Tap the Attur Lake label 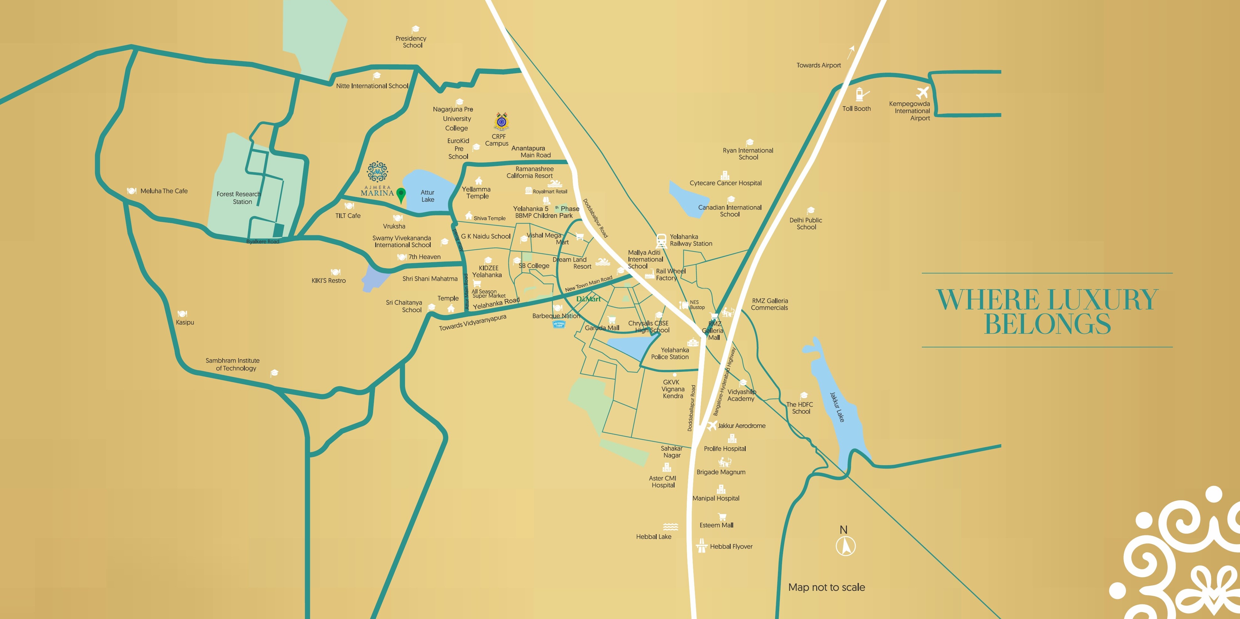pos(428,196)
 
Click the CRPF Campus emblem pos(501,122)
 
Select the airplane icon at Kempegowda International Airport pos(922,92)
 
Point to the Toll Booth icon pos(860,94)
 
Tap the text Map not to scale pos(827,587)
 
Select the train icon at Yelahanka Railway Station pos(661,240)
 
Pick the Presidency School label pos(411,42)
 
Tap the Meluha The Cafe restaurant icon pos(131,191)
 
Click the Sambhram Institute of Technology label pos(233,364)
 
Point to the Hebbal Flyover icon pos(701,545)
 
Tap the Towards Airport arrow pos(851,51)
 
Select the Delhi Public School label pos(806,224)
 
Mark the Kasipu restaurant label pos(185,322)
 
